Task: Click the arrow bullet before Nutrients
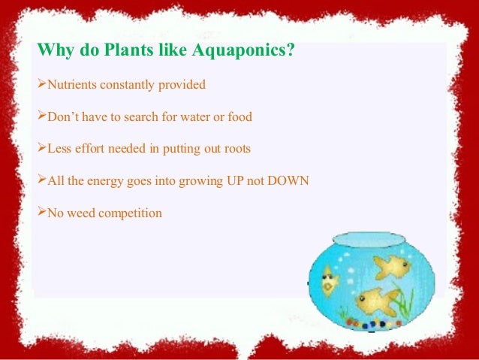tap(41, 85)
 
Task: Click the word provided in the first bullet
tap(181, 85)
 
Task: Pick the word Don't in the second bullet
tap(63, 116)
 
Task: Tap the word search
tap(150, 116)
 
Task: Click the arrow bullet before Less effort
tap(41, 149)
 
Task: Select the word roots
tap(236, 149)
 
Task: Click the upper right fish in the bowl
tap(391, 264)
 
